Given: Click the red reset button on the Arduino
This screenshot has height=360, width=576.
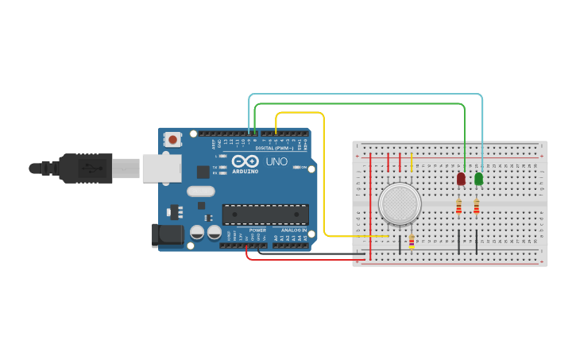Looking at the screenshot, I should [x=173, y=140].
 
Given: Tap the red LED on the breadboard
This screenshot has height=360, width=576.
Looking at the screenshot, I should [x=461, y=180].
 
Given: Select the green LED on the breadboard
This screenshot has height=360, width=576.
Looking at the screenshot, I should [x=478, y=180].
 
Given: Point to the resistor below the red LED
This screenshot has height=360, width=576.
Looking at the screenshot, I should [x=458, y=207].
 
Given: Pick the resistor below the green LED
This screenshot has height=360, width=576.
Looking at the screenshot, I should [x=476, y=207].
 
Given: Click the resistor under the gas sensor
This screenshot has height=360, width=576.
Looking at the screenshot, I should [x=411, y=242].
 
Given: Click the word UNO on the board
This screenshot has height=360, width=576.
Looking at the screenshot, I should [x=276, y=161].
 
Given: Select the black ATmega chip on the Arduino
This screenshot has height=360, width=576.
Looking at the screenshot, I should [x=265, y=214].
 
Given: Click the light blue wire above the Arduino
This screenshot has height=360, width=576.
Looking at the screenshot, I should [x=365, y=95].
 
